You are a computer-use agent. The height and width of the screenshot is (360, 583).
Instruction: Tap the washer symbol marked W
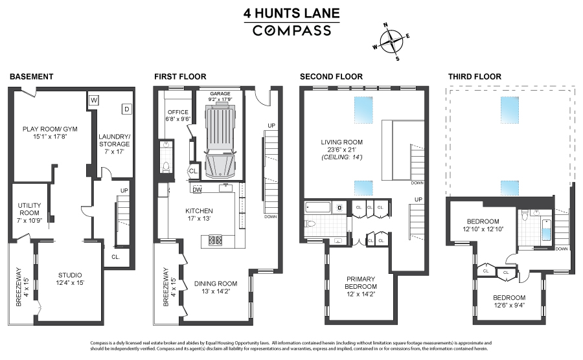(94, 100)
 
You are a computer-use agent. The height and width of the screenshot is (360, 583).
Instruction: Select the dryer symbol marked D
(126, 109)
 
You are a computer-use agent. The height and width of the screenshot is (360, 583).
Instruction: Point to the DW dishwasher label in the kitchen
(197, 189)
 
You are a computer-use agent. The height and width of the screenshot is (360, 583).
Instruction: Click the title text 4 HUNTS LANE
(291, 13)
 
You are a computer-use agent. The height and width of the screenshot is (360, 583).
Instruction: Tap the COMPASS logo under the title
(291, 30)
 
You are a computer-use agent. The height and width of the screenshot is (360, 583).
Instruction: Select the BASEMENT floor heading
(31, 77)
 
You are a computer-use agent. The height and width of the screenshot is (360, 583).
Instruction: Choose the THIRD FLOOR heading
(475, 77)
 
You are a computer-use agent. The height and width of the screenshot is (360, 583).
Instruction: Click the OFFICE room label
(176, 111)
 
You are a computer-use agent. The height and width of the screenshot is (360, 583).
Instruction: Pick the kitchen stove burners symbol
(214, 241)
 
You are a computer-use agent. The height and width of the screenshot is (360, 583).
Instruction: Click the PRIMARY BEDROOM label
(360, 283)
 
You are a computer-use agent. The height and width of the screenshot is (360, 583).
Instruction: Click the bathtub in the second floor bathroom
(317, 208)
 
